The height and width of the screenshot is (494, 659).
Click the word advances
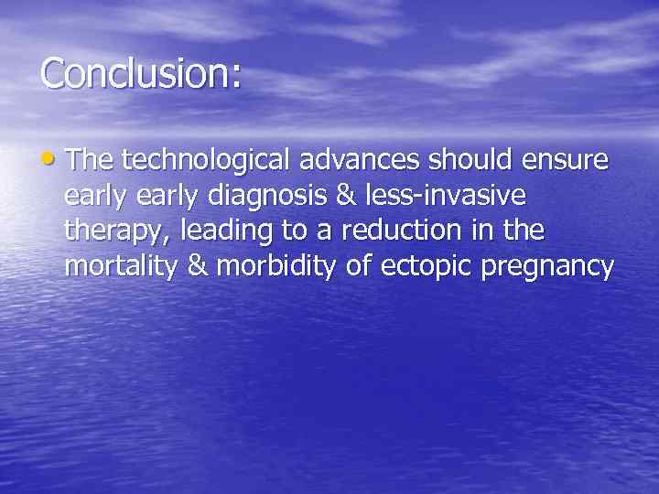tap(351, 161)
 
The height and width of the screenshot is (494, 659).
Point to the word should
tap(468, 161)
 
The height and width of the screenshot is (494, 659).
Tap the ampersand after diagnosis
tap(346, 196)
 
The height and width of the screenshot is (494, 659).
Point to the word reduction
tap(394, 231)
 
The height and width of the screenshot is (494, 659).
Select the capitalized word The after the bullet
tap(90, 161)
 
